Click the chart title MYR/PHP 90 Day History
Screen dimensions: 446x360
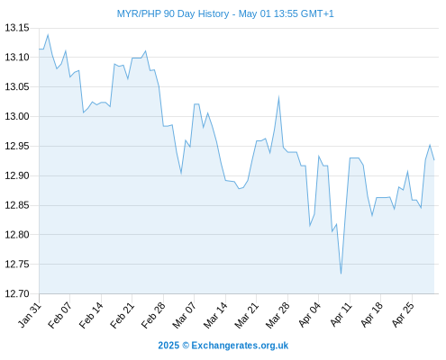point(173,13)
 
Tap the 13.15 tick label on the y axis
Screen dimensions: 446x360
point(17,28)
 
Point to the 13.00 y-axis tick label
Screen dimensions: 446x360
point(17,116)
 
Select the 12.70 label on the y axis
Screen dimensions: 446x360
point(17,293)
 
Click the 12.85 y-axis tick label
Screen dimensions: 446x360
point(17,205)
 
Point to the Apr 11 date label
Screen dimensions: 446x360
point(341,315)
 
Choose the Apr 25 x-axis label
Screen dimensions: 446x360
point(403,315)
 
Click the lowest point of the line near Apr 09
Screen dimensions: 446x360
point(341,274)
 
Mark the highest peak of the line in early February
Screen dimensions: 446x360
point(48,35)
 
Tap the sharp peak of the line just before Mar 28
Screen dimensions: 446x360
point(279,97)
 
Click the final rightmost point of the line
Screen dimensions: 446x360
point(434,160)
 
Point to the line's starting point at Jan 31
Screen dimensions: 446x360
point(39,49)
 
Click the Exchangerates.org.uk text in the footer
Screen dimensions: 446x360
point(240,346)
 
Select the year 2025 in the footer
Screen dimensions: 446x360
point(168,346)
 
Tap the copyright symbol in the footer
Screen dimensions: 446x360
point(186,346)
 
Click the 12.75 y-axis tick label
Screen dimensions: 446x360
point(17,265)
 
